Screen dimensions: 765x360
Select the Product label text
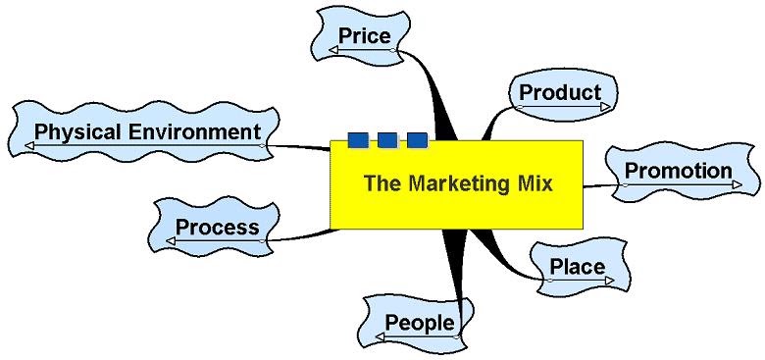pyautogui.click(x=560, y=92)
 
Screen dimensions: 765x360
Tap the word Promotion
pyautogui.click(x=678, y=171)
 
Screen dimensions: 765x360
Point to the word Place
pyautogui.click(x=577, y=267)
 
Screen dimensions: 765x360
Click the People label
pyautogui.click(x=420, y=323)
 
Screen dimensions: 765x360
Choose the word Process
pyautogui.click(x=217, y=227)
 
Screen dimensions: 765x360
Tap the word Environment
pyautogui.click(x=194, y=131)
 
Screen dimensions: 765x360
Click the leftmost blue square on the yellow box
pyautogui.click(x=358, y=140)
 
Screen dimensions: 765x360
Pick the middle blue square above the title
pyautogui.click(x=387, y=140)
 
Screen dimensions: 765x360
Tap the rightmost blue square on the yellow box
pyautogui.click(x=417, y=140)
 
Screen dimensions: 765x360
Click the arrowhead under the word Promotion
pyautogui.click(x=737, y=184)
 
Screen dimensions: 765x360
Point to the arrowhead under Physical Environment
pyautogui.click(x=29, y=146)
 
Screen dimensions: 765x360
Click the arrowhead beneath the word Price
pyautogui.click(x=333, y=50)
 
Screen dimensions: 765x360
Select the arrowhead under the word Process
pyautogui.click(x=171, y=240)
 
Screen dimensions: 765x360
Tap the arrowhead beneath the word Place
pyautogui.click(x=609, y=281)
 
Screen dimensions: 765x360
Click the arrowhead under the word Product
pyautogui.click(x=605, y=106)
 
